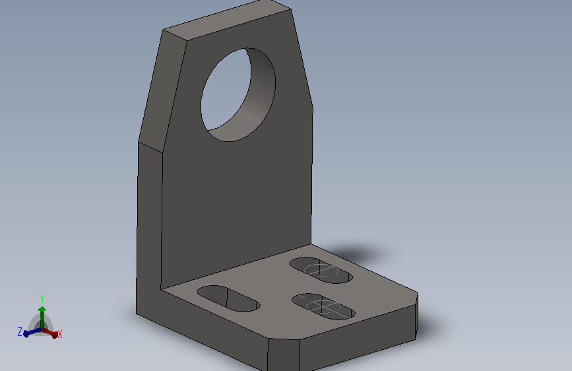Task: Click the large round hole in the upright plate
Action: pos(238,94)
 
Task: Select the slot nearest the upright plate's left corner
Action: pos(228,298)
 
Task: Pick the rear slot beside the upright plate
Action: pos(321,270)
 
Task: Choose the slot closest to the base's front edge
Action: pos(323,306)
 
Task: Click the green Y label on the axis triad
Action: pos(42,299)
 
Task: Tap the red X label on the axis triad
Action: pos(60,334)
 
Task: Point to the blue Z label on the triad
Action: pos(20,332)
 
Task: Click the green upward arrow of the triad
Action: pos(42,317)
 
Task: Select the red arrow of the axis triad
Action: pos(50,333)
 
